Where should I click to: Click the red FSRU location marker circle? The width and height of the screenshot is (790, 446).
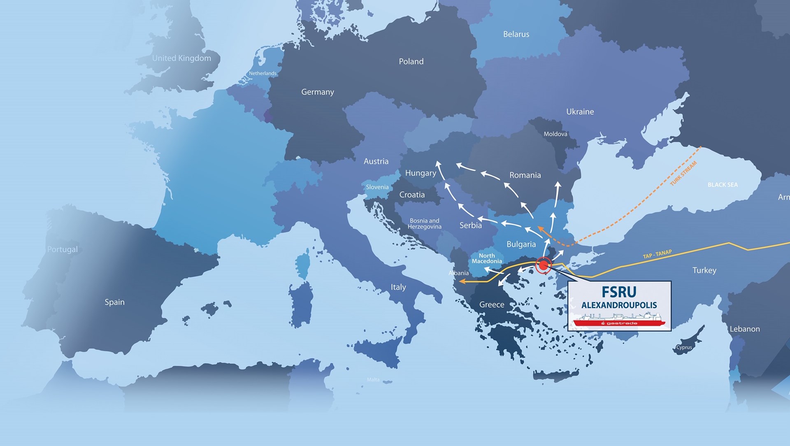pos(544,265)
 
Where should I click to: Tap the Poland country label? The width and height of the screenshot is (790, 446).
pos(411,62)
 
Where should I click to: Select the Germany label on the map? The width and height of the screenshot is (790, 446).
pos(317,92)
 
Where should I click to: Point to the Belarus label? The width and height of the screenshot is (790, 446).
pos(516,35)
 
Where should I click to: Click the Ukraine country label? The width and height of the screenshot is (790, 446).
pos(580,112)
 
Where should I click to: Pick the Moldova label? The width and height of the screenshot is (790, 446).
pos(555,134)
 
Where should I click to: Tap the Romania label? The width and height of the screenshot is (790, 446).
pos(525,175)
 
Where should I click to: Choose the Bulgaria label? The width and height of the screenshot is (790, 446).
pos(521,244)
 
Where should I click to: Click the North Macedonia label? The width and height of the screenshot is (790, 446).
pos(487,258)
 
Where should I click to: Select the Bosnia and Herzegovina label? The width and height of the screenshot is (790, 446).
pos(424,224)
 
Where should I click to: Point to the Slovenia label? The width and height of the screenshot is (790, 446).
pos(377,187)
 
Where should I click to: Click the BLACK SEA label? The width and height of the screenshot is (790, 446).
pos(723,185)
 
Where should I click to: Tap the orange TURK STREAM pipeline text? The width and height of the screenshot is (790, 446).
pos(683,173)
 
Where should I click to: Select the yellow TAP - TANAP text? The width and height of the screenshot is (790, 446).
pos(657,254)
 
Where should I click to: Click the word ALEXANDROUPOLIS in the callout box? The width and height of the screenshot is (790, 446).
pos(619,305)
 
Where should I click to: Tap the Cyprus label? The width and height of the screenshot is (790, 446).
pos(684,347)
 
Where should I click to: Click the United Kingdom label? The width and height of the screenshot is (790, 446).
pos(181,58)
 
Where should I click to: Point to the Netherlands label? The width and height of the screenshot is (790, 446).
pos(263,74)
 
